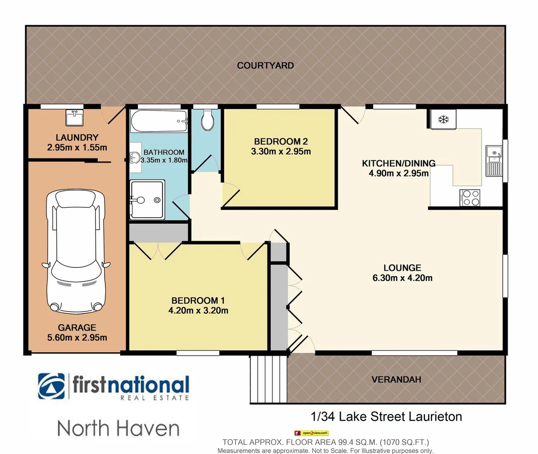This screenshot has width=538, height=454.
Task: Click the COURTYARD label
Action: (265, 66)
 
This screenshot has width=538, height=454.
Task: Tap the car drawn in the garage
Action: (76, 251)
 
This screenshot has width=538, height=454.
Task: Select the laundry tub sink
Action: (74, 118)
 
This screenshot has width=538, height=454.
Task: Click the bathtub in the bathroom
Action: (159, 121)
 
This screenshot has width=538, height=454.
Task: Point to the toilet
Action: (207, 120)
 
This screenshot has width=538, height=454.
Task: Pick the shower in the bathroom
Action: (147, 200)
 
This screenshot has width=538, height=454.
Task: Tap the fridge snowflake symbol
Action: (443, 119)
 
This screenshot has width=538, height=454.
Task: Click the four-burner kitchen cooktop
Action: (470, 198)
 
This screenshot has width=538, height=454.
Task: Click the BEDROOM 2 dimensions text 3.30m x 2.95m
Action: (281, 152)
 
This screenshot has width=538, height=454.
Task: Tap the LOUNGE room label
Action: (402, 268)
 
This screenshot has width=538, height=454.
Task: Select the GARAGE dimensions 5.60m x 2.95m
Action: (77, 338)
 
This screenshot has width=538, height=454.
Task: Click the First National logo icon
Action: (51, 386)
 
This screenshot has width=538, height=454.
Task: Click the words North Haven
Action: (118, 428)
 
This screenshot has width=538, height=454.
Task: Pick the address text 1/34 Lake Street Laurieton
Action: (386, 417)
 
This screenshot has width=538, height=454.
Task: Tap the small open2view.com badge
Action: (311, 433)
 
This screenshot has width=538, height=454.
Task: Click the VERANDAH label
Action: (396, 380)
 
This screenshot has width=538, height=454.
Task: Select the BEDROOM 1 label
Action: (198, 301)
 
